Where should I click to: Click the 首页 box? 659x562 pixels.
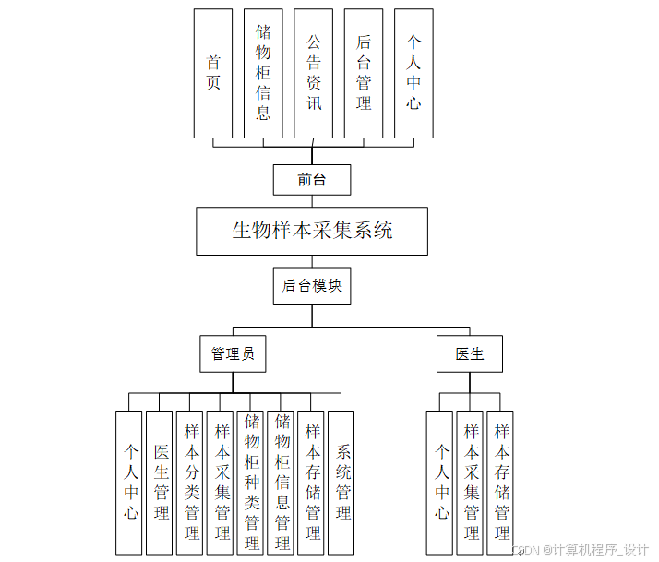(213, 73)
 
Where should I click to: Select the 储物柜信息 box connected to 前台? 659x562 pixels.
(263, 73)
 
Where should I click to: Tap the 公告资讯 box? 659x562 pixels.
(314, 73)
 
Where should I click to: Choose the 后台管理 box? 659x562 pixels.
(364, 73)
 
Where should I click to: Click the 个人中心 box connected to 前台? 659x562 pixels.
(413, 73)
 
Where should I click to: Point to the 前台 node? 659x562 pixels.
(312, 179)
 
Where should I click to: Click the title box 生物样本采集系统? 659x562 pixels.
(312, 231)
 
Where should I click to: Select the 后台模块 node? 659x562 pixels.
(312, 285)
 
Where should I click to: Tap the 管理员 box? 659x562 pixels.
(233, 353)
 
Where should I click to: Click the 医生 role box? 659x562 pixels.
(470, 353)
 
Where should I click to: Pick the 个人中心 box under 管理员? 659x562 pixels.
(131, 482)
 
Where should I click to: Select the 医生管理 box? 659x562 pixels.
(162, 482)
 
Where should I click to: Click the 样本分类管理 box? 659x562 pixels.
(192, 482)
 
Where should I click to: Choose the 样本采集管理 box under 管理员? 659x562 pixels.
(222, 482)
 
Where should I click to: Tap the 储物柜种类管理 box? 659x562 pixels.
(252, 482)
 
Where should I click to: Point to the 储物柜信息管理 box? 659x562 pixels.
(282, 482)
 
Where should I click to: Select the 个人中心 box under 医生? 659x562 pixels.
(441, 482)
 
